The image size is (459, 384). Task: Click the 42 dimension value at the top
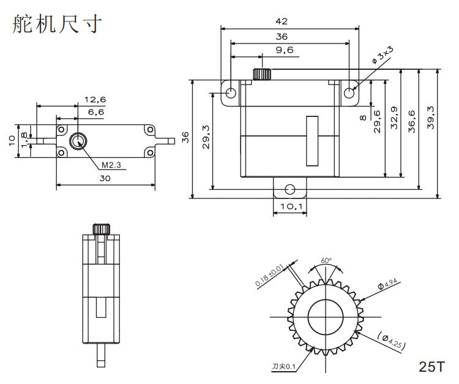pyautogui.click(x=282, y=21)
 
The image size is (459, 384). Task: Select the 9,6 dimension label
pyautogui.click(x=285, y=50)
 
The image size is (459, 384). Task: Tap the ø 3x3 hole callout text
pyautogui.click(x=382, y=55)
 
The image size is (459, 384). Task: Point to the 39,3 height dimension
pyautogui.click(x=431, y=117)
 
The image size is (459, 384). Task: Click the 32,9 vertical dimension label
pyautogui.click(x=394, y=118)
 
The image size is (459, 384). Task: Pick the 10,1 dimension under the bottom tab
pyautogui.click(x=291, y=206)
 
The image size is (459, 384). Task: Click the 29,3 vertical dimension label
pyautogui.click(x=206, y=137)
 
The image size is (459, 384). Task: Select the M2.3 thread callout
pyautogui.click(x=111, y=165)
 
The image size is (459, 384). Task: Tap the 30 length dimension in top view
pyautogui.click(x=105, y=178)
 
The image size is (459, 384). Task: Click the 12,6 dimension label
pyautogui.click(x=95, y=100)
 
